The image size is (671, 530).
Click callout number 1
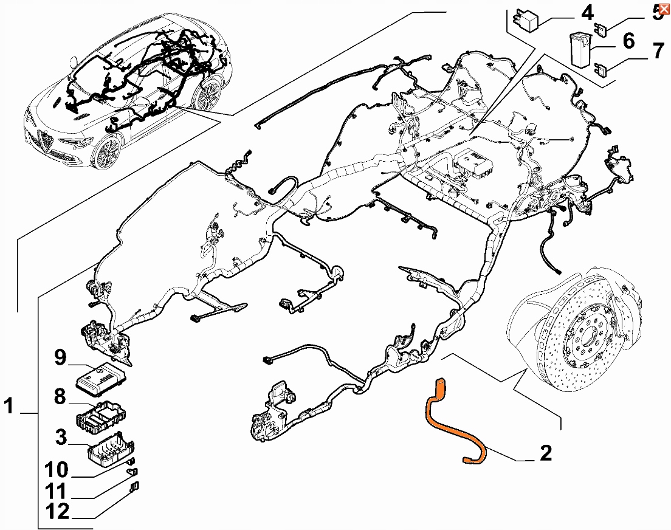tap(9, 406)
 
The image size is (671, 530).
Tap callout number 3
tap(60, 437)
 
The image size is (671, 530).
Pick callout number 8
tap(60, 397)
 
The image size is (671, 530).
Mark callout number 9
tap(60, 358)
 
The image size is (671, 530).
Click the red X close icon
tap(664, 9)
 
